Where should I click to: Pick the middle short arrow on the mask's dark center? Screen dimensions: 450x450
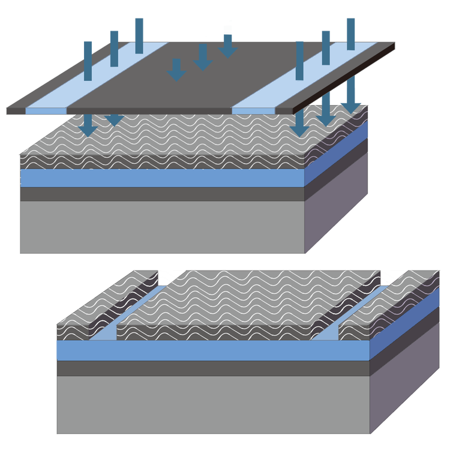click(x=202, y=57)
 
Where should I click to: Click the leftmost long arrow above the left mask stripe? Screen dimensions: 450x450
click(x=88, y=60)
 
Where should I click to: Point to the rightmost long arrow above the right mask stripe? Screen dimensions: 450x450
click(x=351, y=33)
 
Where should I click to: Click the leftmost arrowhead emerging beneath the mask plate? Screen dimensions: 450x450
click(x=88, y=125)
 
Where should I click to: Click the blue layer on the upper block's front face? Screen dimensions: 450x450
click(x=162, y=178)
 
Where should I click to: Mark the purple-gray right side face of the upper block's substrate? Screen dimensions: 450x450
click(x=336, y=210)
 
